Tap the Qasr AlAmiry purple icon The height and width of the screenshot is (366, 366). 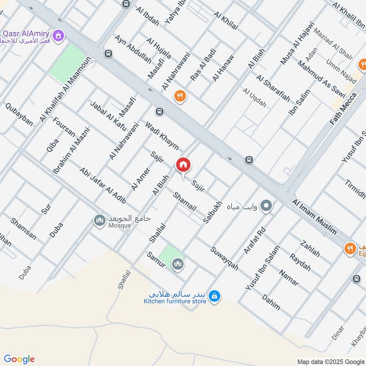coord(58,35)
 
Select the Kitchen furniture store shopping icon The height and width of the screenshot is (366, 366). coord(214,297)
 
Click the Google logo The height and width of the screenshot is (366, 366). coord(19,359)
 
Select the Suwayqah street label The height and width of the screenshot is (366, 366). coord(225,258)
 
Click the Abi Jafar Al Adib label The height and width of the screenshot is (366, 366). coord(103,187)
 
